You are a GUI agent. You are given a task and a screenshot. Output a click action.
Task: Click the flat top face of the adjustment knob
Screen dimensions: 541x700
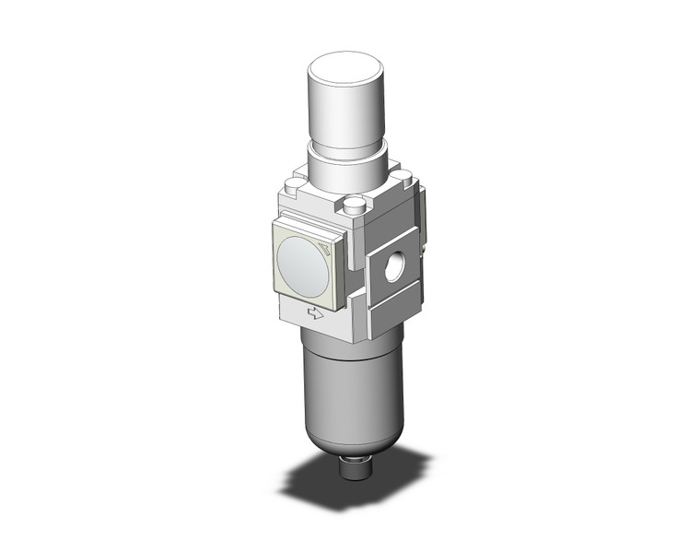click(344, 70)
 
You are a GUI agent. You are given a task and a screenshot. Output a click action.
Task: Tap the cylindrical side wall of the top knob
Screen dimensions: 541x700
click(344, 115)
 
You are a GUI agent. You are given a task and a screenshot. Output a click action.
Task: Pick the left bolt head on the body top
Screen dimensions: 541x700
click(293, 187)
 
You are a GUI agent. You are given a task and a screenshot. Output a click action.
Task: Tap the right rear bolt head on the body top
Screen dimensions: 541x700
click(398, 171)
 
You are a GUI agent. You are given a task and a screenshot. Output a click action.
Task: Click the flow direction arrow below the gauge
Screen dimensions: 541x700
click(315, 313)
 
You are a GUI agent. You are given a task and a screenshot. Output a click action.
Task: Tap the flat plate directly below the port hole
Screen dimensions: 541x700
click(391, 312)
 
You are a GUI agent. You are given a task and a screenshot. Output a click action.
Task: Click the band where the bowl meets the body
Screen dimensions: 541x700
click(343, 346)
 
